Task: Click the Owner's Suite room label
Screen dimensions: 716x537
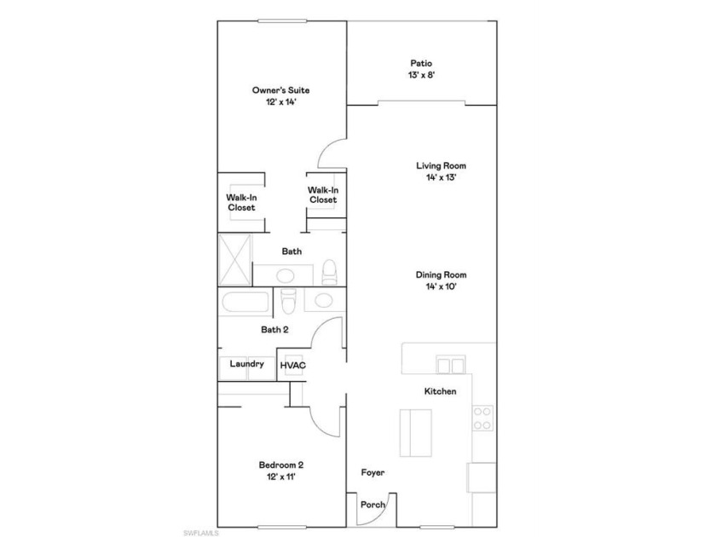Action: tap(280, 90)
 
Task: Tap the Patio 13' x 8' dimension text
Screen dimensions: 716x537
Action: tap(421, 75)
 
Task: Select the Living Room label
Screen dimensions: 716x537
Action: tap(442, 165)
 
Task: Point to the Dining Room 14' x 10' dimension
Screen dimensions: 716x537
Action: tap(442, 286)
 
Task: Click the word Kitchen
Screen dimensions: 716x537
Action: tap(440, 391)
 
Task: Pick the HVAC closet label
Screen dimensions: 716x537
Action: tap(292, 366)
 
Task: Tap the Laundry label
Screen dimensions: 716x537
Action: tap(246, 364)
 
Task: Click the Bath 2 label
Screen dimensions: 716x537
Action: tap(274, 330)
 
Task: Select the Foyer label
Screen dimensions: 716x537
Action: tap(372, 472)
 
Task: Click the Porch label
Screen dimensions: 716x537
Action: tap(372, 505)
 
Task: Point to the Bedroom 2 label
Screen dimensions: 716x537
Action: tap(280, 465)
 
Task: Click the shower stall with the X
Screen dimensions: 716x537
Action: tap(234, 260)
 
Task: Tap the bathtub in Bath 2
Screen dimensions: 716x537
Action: tap(245, 303)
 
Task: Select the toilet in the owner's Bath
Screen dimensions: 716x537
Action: tap(329, 272)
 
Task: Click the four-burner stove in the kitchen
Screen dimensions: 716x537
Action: tap(482, 419)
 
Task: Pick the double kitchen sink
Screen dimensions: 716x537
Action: tap(450, 365)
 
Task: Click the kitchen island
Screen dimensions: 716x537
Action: tap(416, 433)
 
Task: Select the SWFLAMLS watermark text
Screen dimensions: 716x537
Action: tap(201, 533)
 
